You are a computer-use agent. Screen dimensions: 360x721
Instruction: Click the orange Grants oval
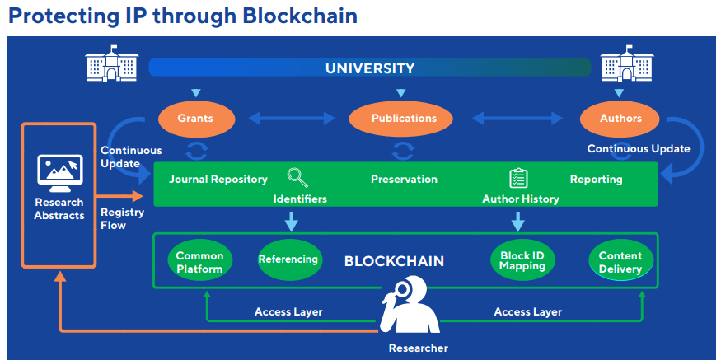(194, 119)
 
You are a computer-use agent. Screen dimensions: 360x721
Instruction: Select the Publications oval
(404, 119)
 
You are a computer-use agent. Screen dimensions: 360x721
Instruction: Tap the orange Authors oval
(620, 119)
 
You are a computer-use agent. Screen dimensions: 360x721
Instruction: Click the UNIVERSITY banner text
(370, 68)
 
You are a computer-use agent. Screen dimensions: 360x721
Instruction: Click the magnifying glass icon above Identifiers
(297, 177)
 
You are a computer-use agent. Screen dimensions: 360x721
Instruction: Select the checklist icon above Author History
(518, 177)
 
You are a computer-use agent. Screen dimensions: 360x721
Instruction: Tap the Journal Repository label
(218, 180)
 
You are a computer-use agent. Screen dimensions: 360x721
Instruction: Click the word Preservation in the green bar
(404, 180)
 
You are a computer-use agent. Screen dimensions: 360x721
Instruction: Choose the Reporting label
(596, 180)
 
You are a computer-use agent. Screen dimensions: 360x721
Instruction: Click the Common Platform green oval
(199, 262)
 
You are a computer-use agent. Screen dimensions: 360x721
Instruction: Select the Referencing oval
(288, 260)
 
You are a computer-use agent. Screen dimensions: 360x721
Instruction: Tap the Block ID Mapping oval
(522, 261)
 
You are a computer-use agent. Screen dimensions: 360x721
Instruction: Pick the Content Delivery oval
(620, 262)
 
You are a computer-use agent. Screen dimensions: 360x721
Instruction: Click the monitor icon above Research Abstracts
(59, 171)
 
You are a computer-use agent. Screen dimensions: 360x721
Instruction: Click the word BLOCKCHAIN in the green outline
(394, 262)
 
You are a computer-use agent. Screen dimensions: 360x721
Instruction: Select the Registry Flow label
(122, 218)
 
